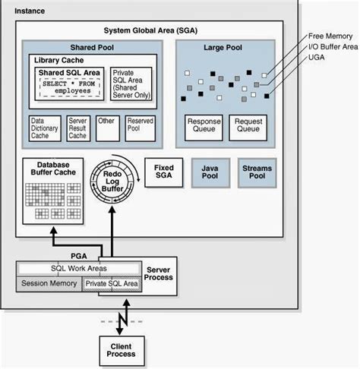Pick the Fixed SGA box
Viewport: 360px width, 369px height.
tap(164, 172)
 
